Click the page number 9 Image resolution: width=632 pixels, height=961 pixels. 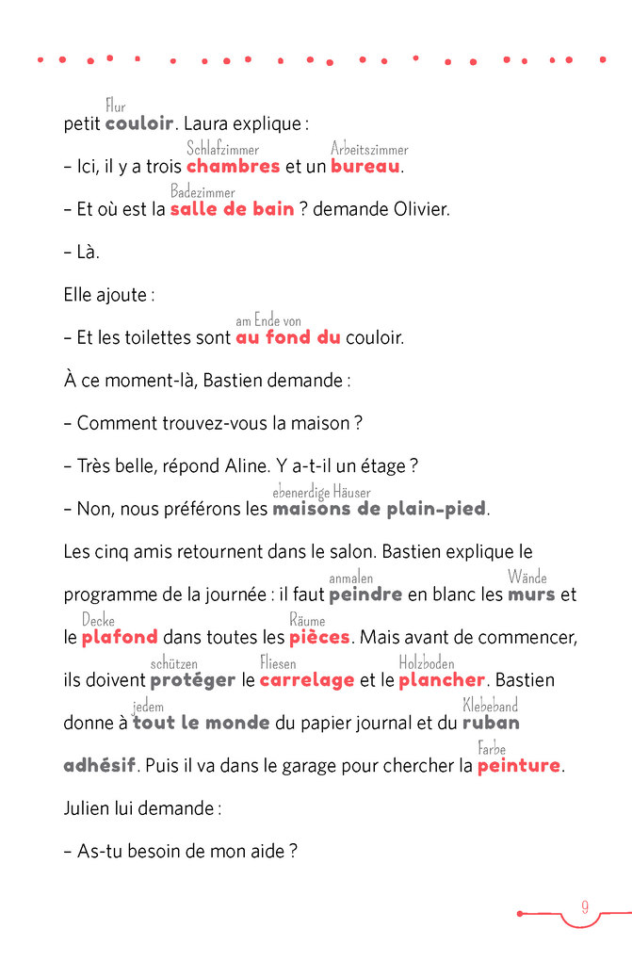point(584,907)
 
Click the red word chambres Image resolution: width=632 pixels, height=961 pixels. point(233,167)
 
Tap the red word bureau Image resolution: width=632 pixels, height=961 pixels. point(365,167)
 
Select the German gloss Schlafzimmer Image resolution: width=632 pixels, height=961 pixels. point(222,149)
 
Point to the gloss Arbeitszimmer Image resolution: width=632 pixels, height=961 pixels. point(369,149)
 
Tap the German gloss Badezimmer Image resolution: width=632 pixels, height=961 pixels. point(203,192)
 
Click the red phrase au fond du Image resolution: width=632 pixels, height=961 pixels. point(287,337)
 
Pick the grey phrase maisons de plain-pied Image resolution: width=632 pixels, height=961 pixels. point(379,509)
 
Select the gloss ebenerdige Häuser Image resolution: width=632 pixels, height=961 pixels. point(321,492)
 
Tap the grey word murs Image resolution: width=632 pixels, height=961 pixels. point(531,595)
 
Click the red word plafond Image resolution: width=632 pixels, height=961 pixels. point(120,638)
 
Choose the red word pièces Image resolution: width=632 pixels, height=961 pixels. point(319,638)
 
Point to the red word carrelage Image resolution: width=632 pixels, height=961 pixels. point(307,680)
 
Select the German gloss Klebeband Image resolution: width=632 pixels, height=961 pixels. point(490,706)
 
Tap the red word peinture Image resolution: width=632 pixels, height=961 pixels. point(519,766)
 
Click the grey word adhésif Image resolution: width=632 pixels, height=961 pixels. point(100,766)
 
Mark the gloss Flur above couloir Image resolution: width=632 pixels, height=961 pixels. point(115,106)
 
